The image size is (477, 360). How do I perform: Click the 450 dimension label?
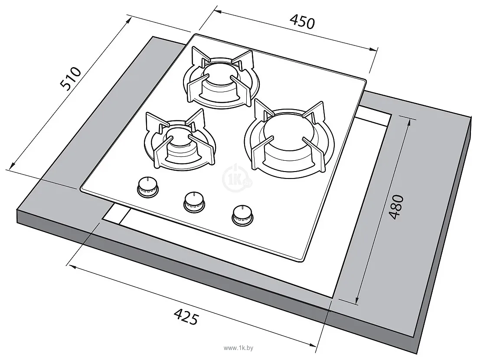point(302,22)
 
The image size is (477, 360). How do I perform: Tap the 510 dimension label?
point(71,79)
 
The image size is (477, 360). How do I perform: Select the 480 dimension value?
point(396,207)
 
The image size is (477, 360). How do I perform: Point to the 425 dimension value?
point(186,316)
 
